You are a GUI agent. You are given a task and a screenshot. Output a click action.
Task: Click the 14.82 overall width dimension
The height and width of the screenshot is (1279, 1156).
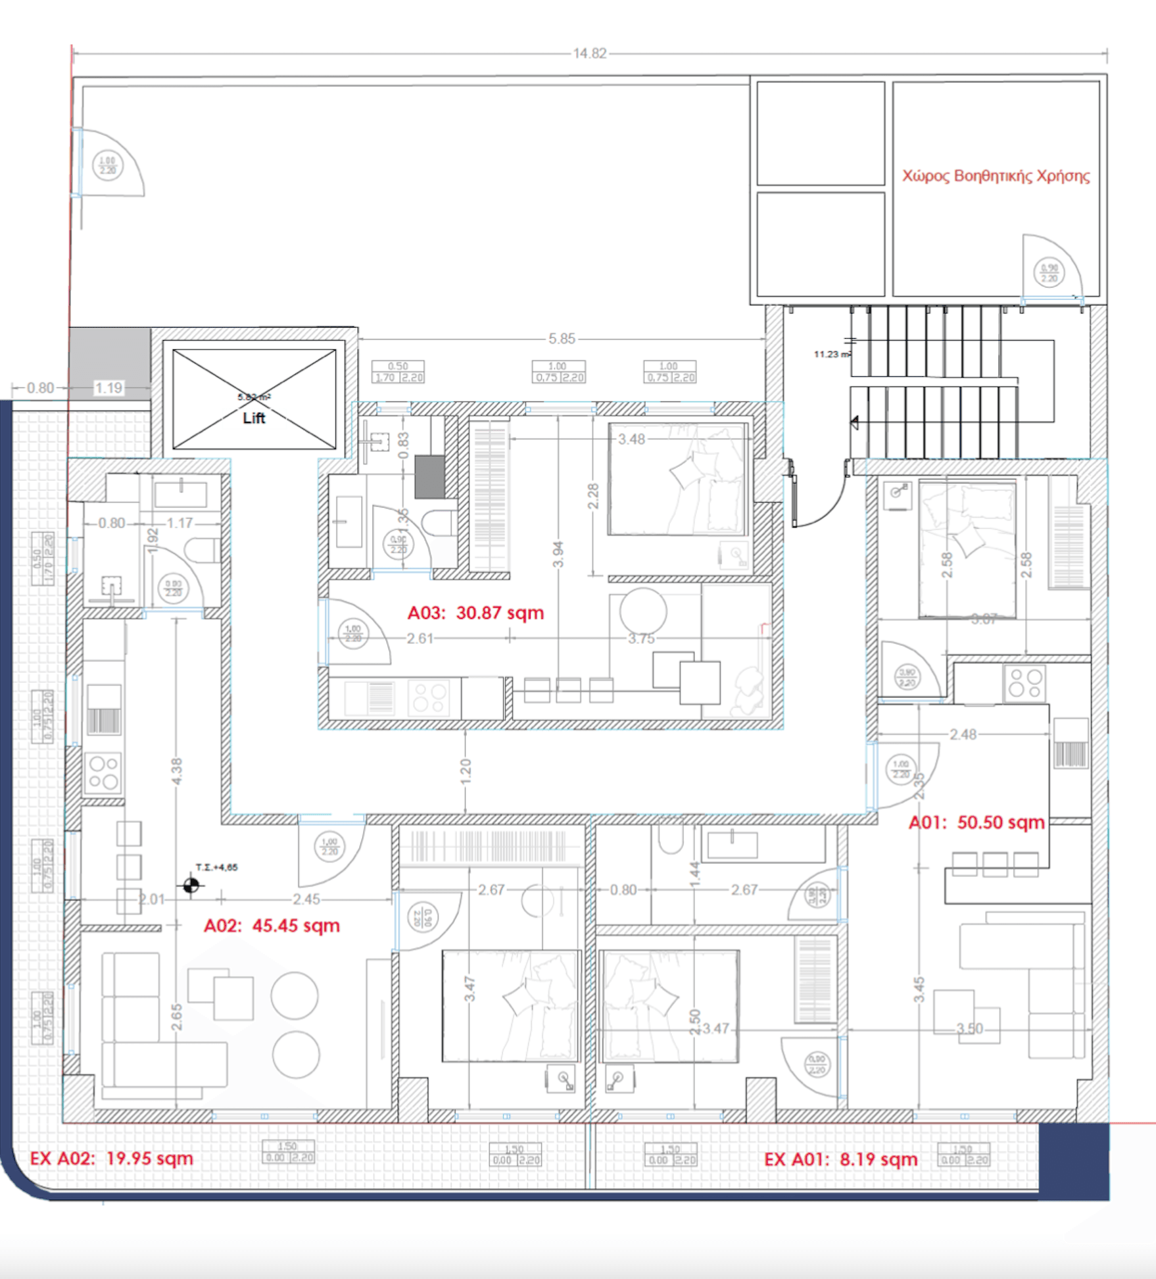(x=589, y=53)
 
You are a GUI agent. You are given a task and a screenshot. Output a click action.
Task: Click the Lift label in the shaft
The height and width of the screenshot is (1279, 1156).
(x=254, y=418)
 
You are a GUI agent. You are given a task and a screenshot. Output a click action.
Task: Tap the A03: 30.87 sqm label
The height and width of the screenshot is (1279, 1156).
(x=475, y=613)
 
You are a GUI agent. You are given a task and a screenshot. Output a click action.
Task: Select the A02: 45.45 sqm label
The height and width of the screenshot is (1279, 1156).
(x=272, y=926)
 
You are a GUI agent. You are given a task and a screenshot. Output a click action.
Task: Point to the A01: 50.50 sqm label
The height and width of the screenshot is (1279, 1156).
(x=976, y=822)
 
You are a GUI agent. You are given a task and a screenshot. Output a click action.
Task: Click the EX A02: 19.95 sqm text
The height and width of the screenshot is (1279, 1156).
(x=112, y=1158)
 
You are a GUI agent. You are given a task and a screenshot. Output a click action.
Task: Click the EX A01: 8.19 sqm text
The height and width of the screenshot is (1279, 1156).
(x=840, y=1159)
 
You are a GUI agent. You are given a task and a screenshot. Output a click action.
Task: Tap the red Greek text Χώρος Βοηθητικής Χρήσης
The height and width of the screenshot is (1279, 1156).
(x=996, y=176)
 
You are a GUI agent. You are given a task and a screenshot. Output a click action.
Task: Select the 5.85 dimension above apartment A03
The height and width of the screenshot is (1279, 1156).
(x=562, y=339)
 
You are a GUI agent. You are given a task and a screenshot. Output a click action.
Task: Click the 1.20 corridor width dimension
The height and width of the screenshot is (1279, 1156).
(x=466, y=771)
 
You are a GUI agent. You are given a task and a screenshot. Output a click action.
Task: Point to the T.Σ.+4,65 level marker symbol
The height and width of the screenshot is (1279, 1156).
(x=191, y=885)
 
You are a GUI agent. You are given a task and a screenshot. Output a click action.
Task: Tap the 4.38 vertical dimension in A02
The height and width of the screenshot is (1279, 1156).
(x=176, y=771)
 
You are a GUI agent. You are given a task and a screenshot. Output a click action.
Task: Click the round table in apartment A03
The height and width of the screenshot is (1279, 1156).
(x=642, y=611)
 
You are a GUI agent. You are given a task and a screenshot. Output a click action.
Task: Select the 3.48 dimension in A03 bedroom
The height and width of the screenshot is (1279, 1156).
(x=631, y=439)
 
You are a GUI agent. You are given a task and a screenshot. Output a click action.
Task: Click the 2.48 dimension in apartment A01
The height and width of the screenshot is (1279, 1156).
(x=963, y=734)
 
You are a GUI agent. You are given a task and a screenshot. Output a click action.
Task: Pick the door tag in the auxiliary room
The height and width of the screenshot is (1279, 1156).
(x=1049, y=272)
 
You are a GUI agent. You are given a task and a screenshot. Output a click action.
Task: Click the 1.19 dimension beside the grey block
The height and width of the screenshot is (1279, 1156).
(x=108, y=388)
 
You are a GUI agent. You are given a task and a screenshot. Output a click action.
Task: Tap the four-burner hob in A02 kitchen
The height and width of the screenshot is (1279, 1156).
(x=104, y=772)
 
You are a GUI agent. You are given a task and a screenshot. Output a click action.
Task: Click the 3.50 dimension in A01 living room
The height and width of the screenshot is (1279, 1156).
(x=969, y=1029)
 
